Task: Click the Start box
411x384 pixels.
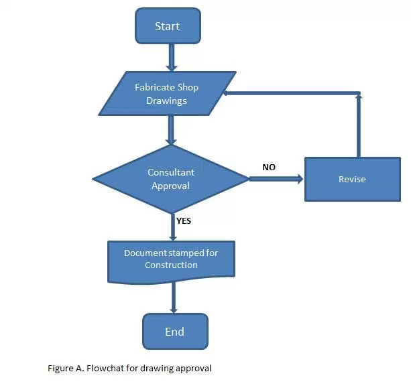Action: pos(167,27)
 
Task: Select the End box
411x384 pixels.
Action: pos(174,332)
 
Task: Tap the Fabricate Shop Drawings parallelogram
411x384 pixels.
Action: pos(167,94)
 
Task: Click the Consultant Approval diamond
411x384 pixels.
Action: pos(170,179)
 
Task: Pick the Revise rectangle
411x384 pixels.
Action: pos(352,179)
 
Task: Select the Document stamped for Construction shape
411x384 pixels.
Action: pos(171,259)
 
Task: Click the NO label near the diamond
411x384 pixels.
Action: pos(269,167)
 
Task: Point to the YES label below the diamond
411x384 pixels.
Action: pos(184,220)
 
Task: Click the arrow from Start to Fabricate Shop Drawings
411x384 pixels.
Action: pos(172,59)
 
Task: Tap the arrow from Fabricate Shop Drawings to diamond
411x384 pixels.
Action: pos(172,130)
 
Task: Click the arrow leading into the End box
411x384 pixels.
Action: pos(174,297)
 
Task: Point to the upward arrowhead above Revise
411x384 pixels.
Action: pos(359,98)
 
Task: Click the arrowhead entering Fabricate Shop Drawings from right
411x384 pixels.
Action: pos(229,93)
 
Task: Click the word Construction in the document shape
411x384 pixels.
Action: pos(171,265)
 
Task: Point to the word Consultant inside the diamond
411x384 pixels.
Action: pos(170,173)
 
